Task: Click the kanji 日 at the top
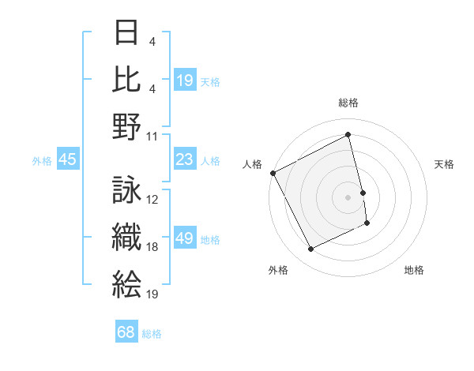pos(127,33)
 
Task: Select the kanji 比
pos(127,79)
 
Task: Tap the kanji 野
pos(127,126)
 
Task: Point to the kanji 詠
pos(127,190)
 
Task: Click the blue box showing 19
pos(185,80)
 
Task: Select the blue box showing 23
pos(185,160)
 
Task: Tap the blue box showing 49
pos(185,238)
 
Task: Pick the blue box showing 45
pos(67,160)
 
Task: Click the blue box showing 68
pos(126,332)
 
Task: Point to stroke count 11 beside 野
pos(152,136)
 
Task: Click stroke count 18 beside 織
pos(152,247)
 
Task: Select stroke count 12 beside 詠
pos(152,200)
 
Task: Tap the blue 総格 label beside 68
pos(152,334)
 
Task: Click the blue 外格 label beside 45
pos(42,161)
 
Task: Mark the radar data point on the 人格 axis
pos(273,173)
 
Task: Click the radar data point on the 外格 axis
pos(310,249)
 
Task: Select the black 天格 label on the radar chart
pos(445,164)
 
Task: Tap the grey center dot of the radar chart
pos(348,197)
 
